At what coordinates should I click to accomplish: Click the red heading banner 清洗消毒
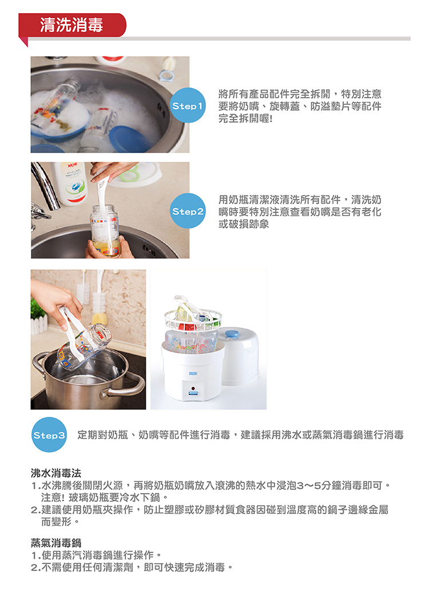tap(73, 25)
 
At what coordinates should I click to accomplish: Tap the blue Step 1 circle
tap(188, 105)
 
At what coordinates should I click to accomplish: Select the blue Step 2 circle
tap(188, 211)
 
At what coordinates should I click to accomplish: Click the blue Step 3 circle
tap(49, 434)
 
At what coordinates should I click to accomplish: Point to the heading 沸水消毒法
tap(56, 473)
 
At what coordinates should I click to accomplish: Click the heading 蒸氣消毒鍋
tap(56, 543)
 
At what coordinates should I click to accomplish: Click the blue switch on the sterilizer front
tap(193, 393)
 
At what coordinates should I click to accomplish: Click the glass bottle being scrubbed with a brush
tap(105, 230)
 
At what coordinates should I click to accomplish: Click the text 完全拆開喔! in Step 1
tap(245, 118)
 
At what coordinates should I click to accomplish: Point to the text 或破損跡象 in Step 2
tap(244, 224)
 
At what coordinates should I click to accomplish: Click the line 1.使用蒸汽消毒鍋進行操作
tap(96, 555)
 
